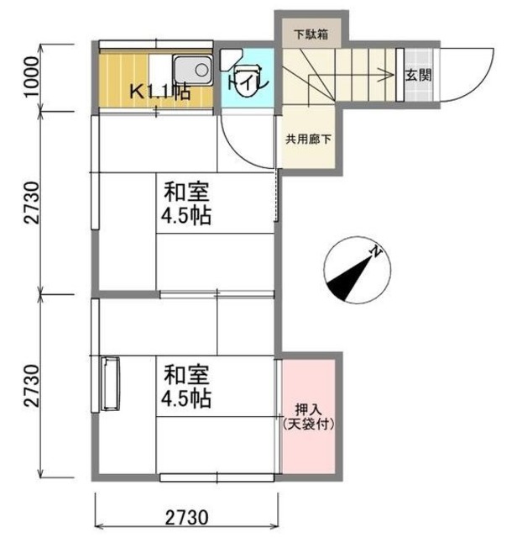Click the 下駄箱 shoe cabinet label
(x=311, y=34)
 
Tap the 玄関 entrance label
(x=418, y=75)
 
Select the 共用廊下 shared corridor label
(x=308, y=140)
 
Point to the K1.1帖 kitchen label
(x=159, y=92)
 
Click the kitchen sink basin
(x=192, y=70)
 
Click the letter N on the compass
(x=376, y=252)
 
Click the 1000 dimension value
(x=32, y=76)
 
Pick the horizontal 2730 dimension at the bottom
(x=187, y=518)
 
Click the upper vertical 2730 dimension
(x=32, y=203)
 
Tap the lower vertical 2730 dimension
(x=32, y=386)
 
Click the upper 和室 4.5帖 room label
(x=186, y=203)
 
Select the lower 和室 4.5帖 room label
(x=186, y=386)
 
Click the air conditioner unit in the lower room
(x=110, y=383)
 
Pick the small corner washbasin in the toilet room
(x=229, y=59)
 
